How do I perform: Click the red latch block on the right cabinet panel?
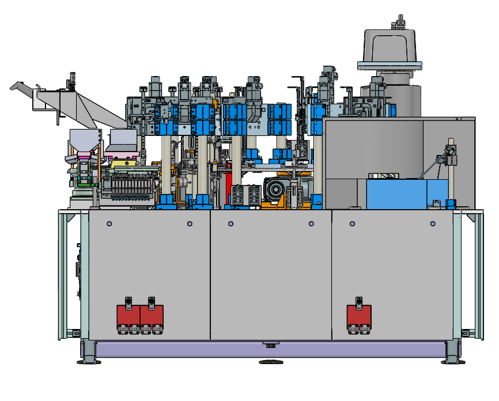click(x=358, y=316)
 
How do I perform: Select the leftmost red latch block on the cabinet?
click(x=128, y=316)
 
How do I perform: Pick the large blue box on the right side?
click(x=406, y=193)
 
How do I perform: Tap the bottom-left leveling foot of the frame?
click(x=89, y=352)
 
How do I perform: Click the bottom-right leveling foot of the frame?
click(x=451, y=352)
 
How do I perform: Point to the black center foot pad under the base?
click(x=271, y=362)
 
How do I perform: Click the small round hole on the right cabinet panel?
click(x=433, y=224)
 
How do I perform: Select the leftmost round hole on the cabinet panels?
click(x=109, y=224)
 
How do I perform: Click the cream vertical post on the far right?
click(x=452, y=173)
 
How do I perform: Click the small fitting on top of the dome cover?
click(x=399, y=24)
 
